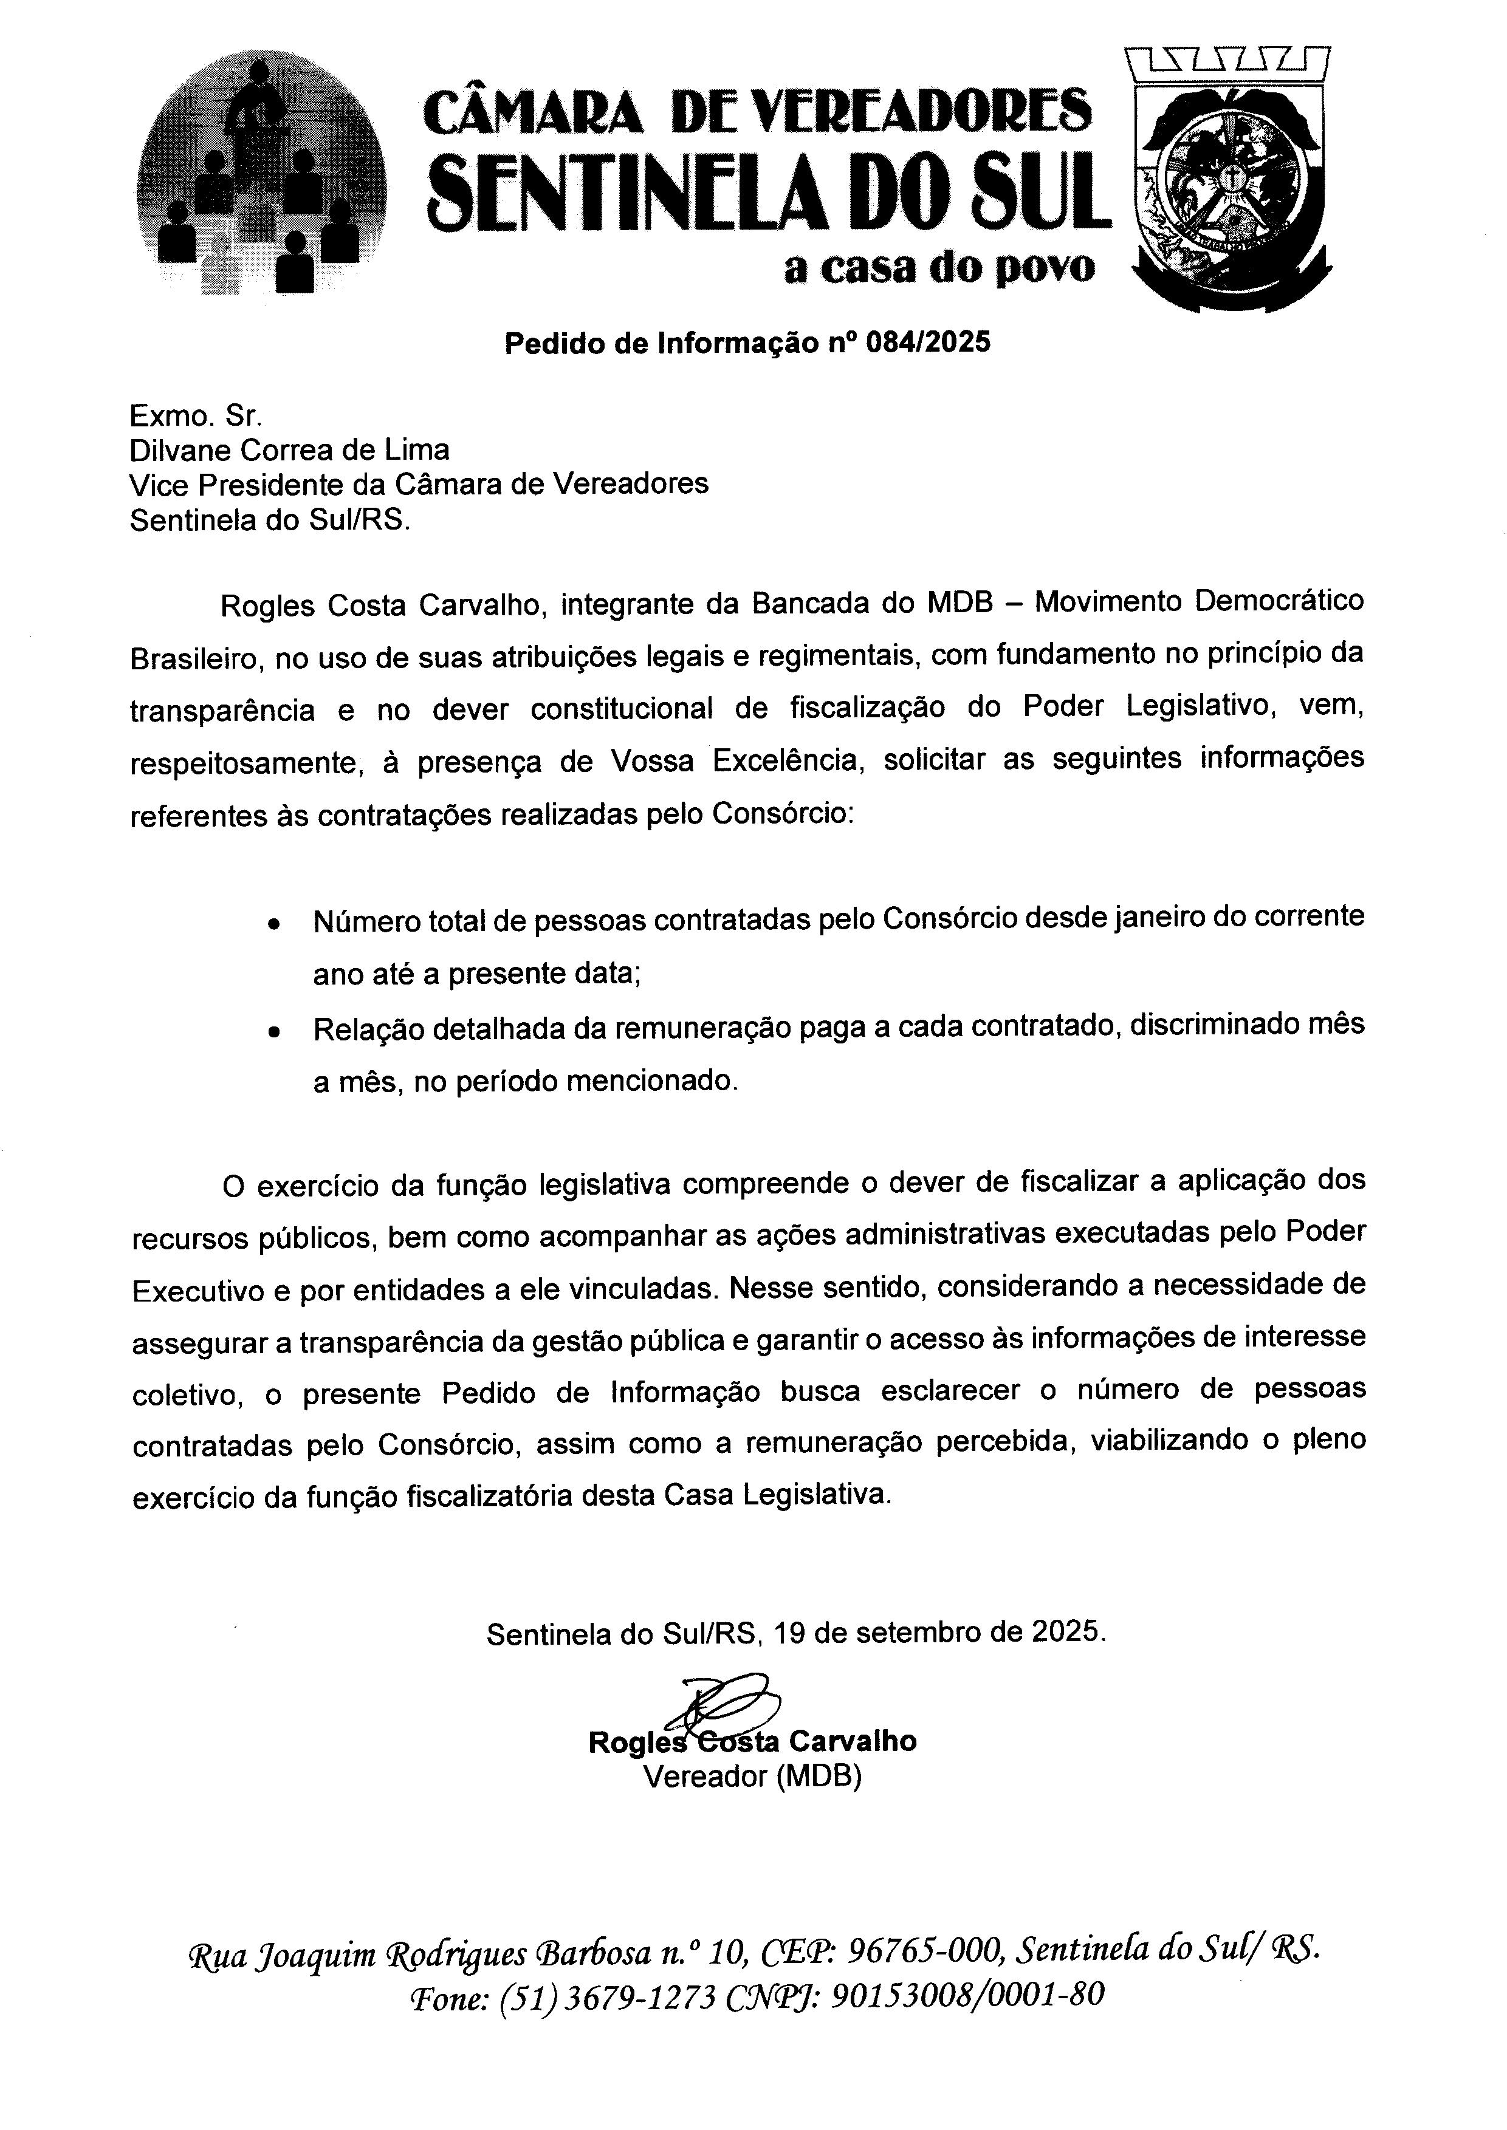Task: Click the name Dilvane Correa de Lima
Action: coord(289,450)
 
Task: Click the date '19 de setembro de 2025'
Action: coord(939,1632)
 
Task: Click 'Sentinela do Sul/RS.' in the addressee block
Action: coord(269,519)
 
